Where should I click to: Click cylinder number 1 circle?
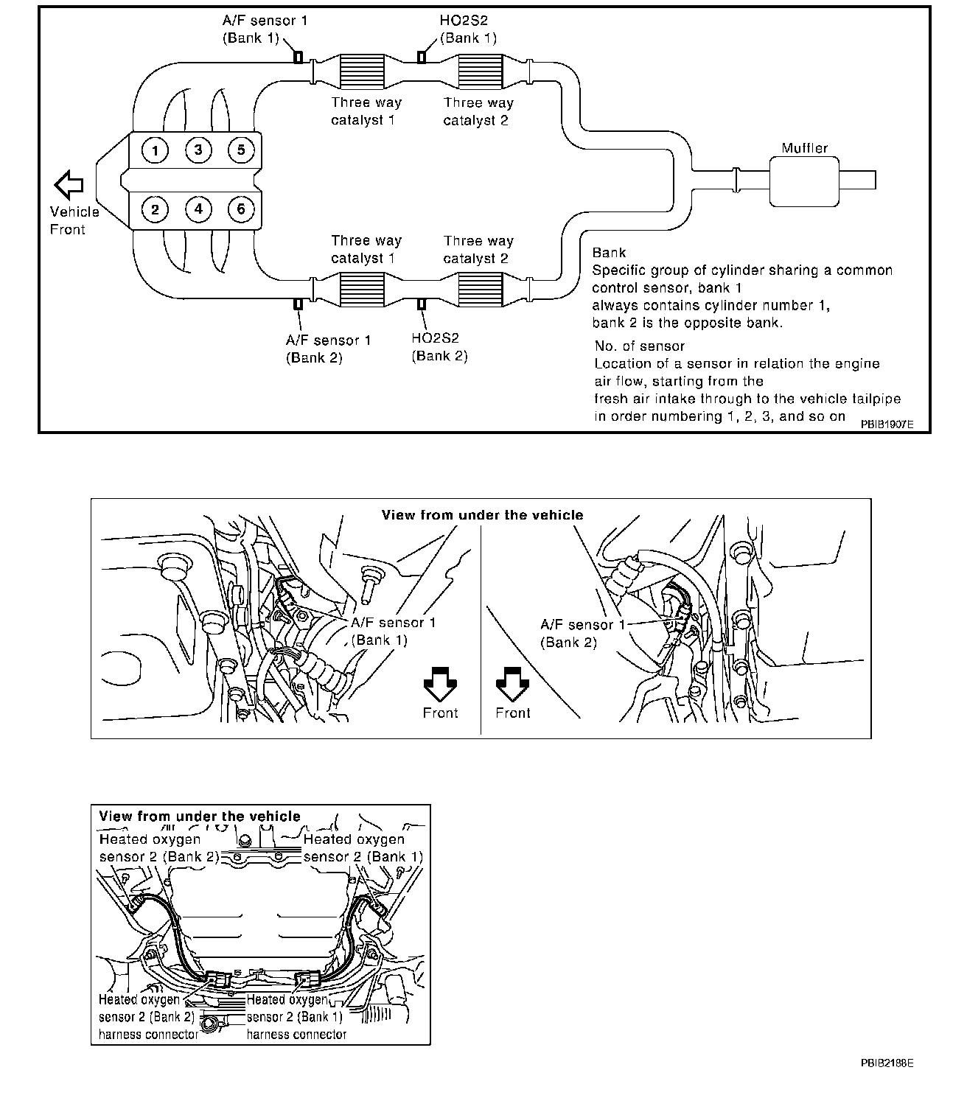(155, 151)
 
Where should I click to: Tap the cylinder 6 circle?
(241, 210)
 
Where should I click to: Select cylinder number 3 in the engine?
(198, 151)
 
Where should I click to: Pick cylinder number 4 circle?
(198, 210)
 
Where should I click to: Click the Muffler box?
(805, 181)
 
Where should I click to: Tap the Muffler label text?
(805, 148)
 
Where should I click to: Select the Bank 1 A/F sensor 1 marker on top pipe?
(298, 57)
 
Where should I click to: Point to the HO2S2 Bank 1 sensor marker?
(422, 57)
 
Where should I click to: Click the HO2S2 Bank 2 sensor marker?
(422, 304)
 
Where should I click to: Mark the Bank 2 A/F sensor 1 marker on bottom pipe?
(298, 304)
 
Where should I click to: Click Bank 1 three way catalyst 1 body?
(363, 71)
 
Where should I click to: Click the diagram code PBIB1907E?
(886, 425)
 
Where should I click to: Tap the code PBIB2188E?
(887, 1063)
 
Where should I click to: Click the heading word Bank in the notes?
(609, 253)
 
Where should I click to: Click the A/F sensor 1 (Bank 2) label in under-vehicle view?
(582, 633)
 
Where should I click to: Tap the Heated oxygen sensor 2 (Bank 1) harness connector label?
(296, 1017)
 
